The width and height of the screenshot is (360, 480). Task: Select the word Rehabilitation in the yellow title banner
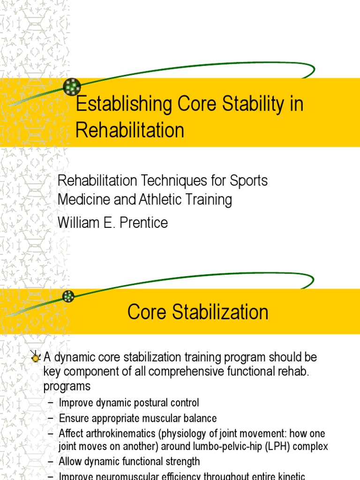(x=130, y=130)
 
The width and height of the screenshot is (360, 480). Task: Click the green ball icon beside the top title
(x=72, y=87)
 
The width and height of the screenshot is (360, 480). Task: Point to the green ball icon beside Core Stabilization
(x=68, y=296)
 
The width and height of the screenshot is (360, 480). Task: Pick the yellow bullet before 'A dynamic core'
(x=35, y=358)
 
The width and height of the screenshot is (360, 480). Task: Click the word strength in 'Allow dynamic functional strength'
(x=181, y=462)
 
